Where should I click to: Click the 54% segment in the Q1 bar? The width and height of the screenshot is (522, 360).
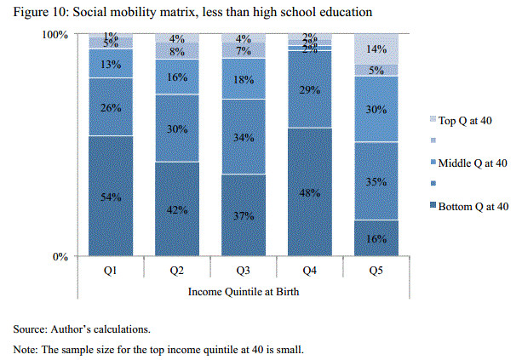click(112, 196)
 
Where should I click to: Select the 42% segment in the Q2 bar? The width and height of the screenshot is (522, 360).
click(177, 209)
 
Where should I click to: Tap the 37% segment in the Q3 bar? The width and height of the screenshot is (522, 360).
click(244, 214)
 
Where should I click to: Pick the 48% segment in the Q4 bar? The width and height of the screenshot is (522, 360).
click(310, 191)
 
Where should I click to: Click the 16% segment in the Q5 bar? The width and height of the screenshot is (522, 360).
click(376, 238)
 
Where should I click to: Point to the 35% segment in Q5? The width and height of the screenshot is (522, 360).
click(376, 181)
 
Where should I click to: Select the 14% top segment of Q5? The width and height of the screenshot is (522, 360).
click(376, 49)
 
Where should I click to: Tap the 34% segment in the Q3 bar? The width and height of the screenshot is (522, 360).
click(244, 137)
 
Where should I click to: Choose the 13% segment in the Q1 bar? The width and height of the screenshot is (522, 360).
click(112, 64)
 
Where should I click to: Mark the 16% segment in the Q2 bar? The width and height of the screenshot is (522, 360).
click(177, 77)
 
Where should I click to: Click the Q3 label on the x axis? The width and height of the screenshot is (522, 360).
click(244, 270)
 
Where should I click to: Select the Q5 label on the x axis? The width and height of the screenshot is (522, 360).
click(376, 270)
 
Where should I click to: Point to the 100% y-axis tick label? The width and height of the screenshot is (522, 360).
click(54, 35)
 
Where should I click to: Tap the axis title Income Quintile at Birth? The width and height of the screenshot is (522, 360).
click(244, 292)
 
